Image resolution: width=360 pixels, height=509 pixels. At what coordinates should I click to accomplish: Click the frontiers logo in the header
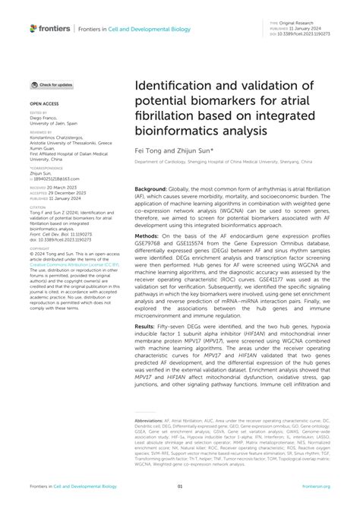coord(50,28)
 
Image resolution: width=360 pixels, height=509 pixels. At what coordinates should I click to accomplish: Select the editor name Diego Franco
coord(45,118)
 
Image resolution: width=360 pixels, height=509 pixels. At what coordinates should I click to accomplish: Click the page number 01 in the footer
coord(180,486)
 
